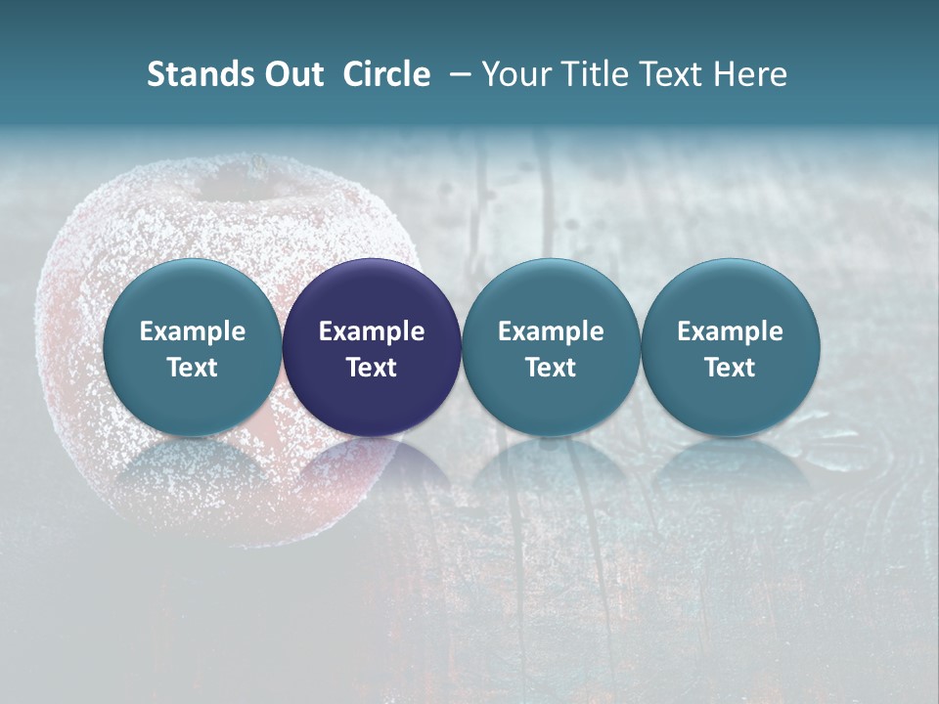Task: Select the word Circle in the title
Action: [x=386, y=74]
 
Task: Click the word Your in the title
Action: [x=514, y=74]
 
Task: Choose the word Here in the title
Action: [x=750, y=74]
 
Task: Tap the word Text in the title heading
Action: [x=671, y=74]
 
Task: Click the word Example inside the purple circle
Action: [x=372, y=331]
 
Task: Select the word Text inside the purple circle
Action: [x=372, y=368]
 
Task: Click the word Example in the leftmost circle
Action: [x=193, y=331]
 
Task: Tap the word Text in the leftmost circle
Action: [x=193, y=368]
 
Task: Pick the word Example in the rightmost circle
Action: [x=730, y=331]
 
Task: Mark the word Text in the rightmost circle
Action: [x=730, y=368]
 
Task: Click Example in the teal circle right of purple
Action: [x=551, y=331]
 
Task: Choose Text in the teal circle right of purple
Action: [x=551, y=368]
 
